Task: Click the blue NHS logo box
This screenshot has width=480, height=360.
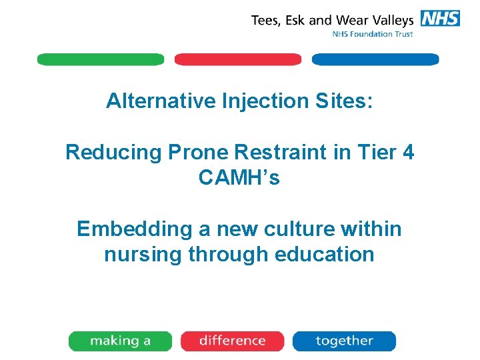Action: click(440, 19)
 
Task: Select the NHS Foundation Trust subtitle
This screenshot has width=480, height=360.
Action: click(373, 35)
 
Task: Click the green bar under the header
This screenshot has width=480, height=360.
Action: click(100, 59)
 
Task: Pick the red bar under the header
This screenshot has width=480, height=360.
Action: click(238, 59)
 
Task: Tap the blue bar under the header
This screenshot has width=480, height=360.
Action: click(375, 59)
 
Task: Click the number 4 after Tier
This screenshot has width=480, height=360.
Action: click(408, 153)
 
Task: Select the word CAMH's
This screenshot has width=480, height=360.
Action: click(239, 178)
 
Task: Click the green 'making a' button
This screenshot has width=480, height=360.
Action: click(120, 341)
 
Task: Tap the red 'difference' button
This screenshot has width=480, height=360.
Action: click(232, 341)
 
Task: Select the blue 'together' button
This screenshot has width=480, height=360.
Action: click(344, 341)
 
